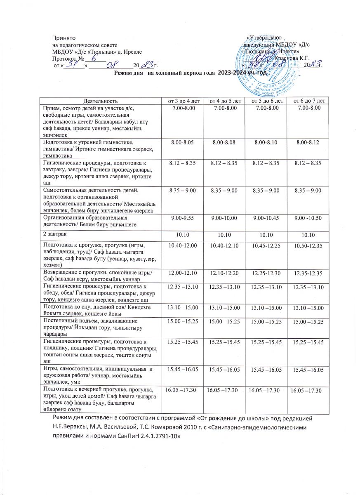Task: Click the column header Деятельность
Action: [x=100, y=100]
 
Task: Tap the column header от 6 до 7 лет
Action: [x=308, y=100]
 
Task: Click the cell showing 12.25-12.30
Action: [x=264, y=273]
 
